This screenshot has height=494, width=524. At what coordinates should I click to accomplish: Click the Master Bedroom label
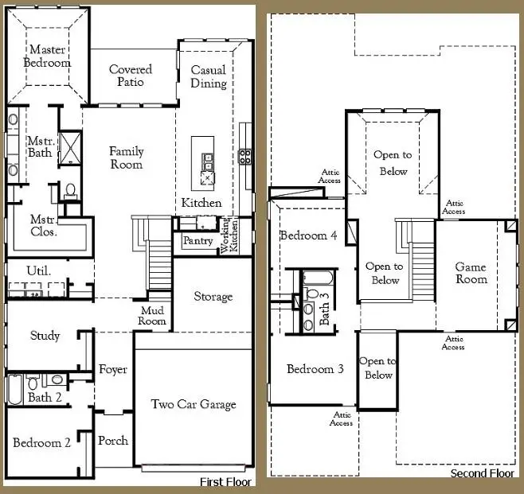[47, 56]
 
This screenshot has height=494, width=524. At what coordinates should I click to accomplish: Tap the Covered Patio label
[131, 76]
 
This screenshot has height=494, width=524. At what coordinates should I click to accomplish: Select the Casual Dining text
[208, 76]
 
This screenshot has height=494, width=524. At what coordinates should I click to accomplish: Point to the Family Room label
[126, 158]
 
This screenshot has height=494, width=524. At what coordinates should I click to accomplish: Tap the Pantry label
[197, 240]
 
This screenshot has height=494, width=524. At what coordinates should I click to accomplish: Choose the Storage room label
[213, 297]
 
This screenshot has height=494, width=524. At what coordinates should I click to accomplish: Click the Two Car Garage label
[194, 404]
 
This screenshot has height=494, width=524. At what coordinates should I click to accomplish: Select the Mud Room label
[154, 315]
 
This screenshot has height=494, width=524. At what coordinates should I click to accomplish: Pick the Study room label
[45, 336]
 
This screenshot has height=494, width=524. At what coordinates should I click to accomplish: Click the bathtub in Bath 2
[14, 389]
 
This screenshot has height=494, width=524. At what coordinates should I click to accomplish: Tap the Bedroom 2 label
[41, 443]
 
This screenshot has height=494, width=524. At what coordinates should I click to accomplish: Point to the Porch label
[112, 441]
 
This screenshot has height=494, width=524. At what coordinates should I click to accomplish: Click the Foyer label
[112, 370]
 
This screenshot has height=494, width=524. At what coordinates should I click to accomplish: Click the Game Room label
[470, 273]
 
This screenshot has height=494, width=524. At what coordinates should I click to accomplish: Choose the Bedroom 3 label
[315, 369]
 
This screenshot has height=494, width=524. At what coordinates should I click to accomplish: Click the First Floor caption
[225, 482]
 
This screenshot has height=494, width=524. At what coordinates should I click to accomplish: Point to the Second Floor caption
[483, 473]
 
